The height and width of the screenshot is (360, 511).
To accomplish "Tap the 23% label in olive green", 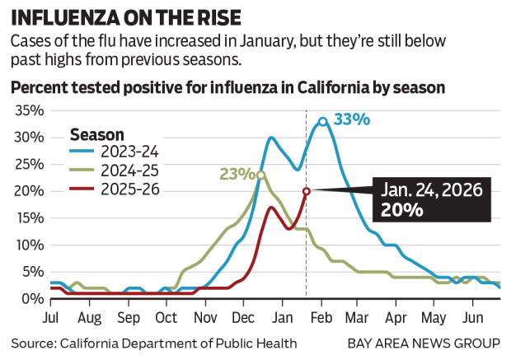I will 236,174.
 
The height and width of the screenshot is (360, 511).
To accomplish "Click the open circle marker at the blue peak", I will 323,121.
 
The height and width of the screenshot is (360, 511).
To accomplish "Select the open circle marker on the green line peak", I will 260,175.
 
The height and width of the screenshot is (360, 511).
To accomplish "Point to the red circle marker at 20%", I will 306,191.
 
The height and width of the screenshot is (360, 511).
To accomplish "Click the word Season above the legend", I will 97,133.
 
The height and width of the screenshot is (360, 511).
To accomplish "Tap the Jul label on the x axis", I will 52,316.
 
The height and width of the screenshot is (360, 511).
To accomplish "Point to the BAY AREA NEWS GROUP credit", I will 423,343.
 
